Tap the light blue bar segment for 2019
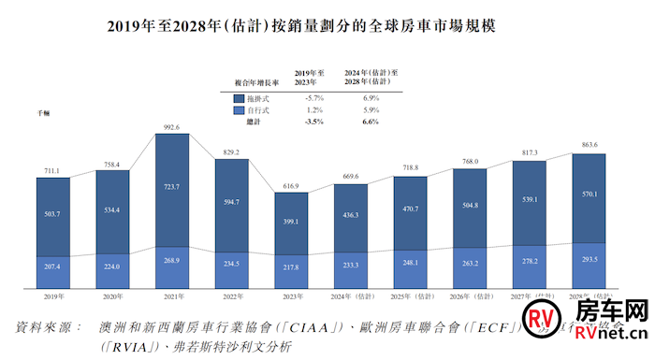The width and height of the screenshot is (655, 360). click(x=61, y=267)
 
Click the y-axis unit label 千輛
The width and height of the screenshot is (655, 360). click(x=43, y=112)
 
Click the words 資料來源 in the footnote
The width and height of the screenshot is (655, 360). click(x=45, y=328)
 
